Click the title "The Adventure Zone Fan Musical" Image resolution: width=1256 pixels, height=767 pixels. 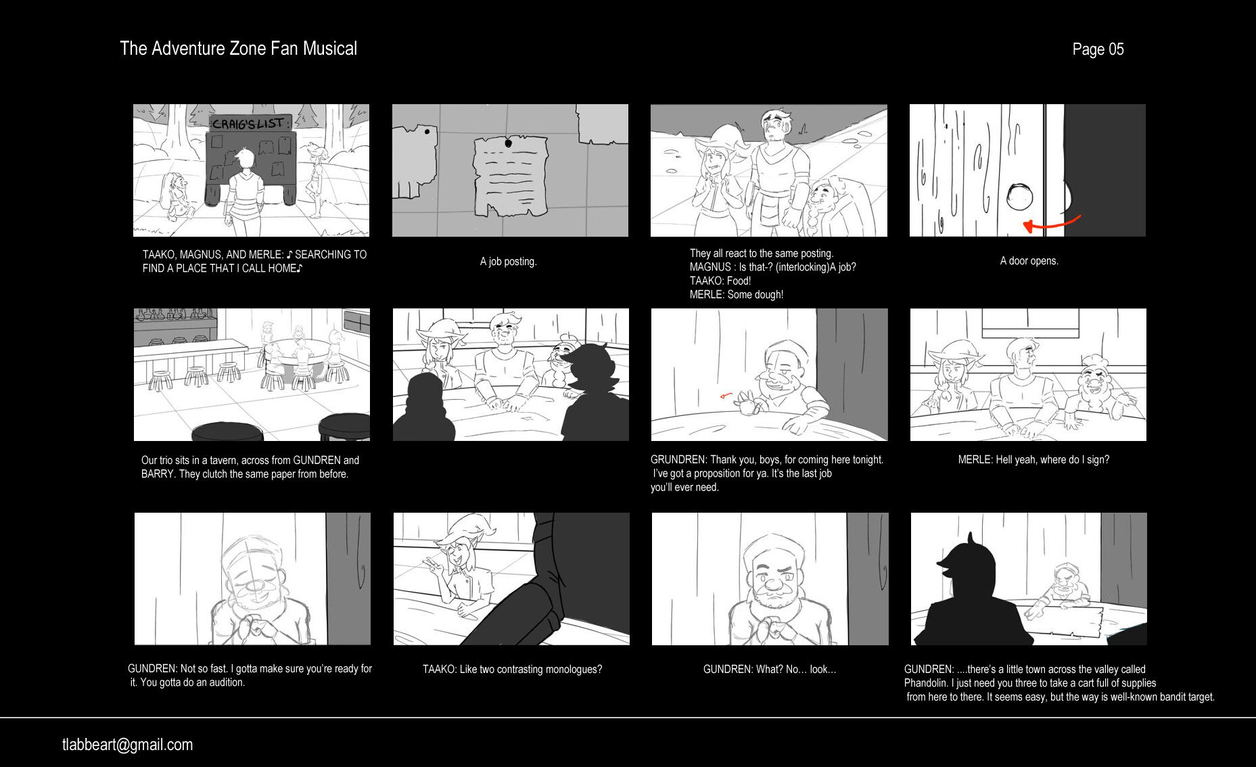[x=238, y=49]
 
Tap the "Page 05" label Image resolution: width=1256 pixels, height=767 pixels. [x=1098, y=49]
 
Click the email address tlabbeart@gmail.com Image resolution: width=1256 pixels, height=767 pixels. [x=127, y=745]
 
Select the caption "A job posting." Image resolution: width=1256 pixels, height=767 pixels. [x=508, y=262]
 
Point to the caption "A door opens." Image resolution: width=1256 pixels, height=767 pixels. [x=1029, y=261]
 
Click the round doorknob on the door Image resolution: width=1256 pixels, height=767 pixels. [x=1019, y=197]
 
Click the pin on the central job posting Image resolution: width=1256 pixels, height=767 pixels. [x=509, y=143]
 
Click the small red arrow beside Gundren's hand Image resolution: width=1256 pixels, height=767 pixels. [x=726, y=396]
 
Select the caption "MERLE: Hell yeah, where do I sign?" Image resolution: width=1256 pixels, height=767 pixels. [x=1033, y=460]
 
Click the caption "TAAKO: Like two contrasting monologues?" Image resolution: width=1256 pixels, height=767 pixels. [x=512, y=670]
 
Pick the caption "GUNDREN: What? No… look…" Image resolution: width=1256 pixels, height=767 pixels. [x=770, y=670]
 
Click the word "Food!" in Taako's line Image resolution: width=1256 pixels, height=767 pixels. [x=739, y=281]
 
